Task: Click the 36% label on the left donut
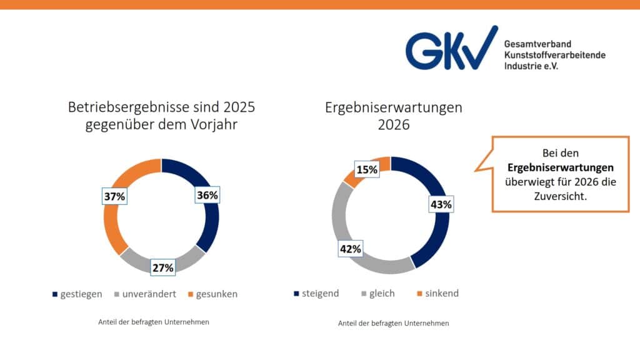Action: pyautogui.click(x=207, y=195)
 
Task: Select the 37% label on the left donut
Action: pyautogui.click(x=114, y=197)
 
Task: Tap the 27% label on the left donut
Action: pyautogui.click(x=162, y=267)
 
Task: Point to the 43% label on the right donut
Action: pyautogui.click(x=440, y=204)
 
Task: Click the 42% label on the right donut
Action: pyautogui.click(x=351, y=249)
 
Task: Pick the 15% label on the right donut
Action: pyautogui.click(x=366, y=169)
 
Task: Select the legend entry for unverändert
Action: pyautogui.click(x=145, y=294)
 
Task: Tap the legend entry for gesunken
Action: pyautogui.click(x=212, y=294)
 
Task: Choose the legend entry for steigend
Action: pyautogui.click(x=317, y=293)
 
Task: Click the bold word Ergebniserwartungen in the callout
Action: pyautogui.click(x=552, y=168)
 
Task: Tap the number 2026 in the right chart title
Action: pyautogui.click(x=394, y=124)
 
